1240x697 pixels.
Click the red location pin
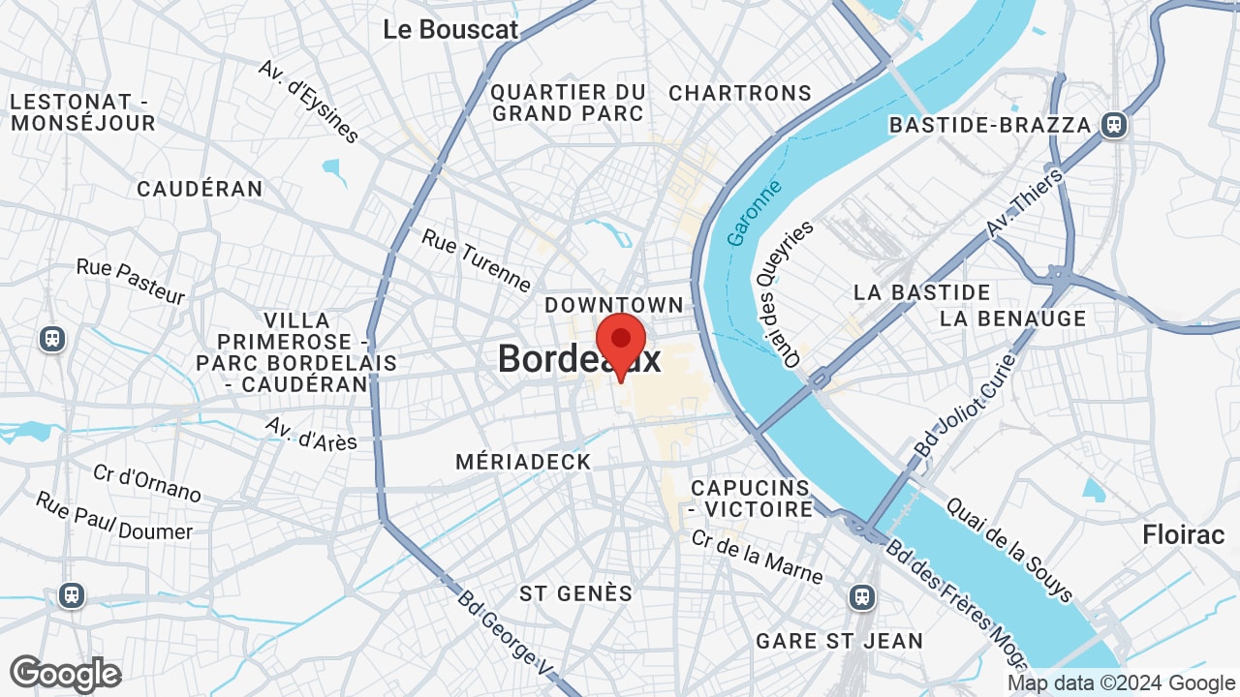(x=620, y=342)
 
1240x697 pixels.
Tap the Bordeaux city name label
(x=578, y=360)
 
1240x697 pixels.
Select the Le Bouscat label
(x=450, y=29)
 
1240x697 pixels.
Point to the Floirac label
(x=1183, y=534)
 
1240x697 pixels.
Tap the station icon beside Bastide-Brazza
(x=1114, y=124)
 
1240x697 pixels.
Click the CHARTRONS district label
(x=740, y=93)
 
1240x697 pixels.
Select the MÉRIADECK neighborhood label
(x=523, y=462)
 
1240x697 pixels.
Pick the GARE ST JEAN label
(x=839, y=641)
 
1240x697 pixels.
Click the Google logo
(x=65, y=674)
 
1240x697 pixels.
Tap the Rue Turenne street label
(x=476, y=259)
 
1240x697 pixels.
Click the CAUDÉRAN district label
(x=200, y=189)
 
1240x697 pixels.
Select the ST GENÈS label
(x=575, y=593)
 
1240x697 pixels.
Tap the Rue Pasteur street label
(x=130, y=281)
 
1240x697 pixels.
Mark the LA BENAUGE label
(x=1012, y=318)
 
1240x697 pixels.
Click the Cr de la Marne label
(x=757, y=557)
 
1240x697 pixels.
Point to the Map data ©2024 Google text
(x=1121, y=683)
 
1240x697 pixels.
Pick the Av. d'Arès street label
(x=311, y=434)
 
